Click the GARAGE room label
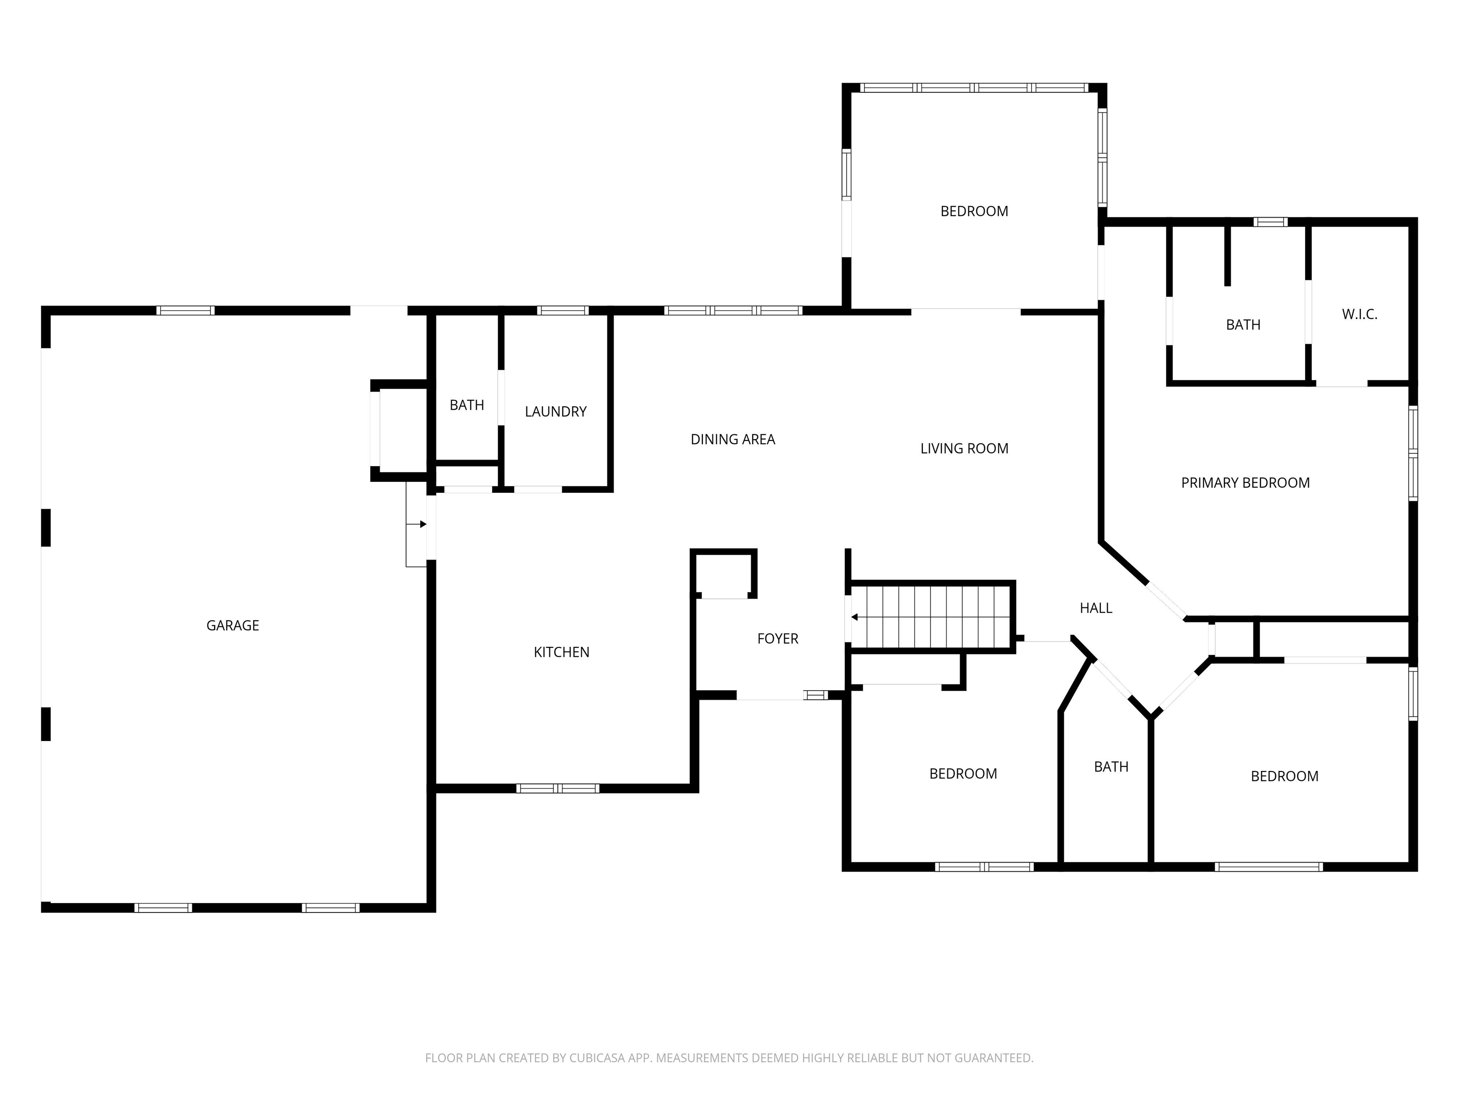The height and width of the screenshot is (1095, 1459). pos(232,625)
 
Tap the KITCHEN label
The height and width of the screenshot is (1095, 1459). pos(561,652)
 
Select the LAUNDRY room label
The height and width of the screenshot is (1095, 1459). pos(555,412)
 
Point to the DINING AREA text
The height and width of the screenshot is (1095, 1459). pos(732,440)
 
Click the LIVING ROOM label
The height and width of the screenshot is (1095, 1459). pos(964,449)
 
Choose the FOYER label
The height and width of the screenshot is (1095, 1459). pos(777,639)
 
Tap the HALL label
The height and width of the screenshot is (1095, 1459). pos(1096,608)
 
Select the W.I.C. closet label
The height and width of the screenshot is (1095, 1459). pos(1359,315)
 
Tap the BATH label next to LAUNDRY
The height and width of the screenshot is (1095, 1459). pos(466,405)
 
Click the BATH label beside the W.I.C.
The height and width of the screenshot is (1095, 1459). pos(1242,325)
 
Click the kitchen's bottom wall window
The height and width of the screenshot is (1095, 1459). pos(558,788)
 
